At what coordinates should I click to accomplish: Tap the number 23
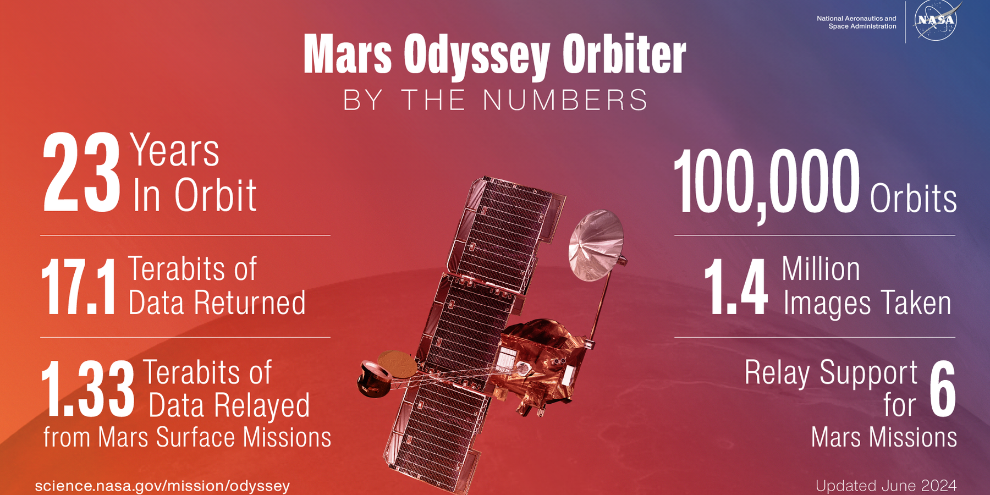pyautogui.click(x=81, y=173)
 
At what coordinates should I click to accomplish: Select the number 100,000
pyautogui.click(x=767, y=183)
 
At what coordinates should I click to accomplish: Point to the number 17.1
pyautogui.click(x=79, y=287)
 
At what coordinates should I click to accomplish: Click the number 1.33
pyautogui.click(x=88, y=389)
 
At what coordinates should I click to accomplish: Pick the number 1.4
pyautogui.click(x=736, y=287)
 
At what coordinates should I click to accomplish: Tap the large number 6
pyautogui.click(x=943, y=389)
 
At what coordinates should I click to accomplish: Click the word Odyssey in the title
pyautogui.click(x=477, y=56)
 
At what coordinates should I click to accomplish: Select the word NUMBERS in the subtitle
pyautogui.click(x=565, y=100)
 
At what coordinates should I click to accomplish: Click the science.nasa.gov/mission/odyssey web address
pyautogui.click(x=162, y=486)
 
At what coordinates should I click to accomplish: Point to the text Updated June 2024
pyautogui.click(x=886, y=486)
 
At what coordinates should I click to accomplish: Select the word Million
pyautogui.click(x=821, y=269)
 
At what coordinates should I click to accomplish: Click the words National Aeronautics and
pyautogui.click(x=856, y=19)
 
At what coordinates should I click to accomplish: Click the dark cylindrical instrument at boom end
pyautogui.click(x=373, y=378)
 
